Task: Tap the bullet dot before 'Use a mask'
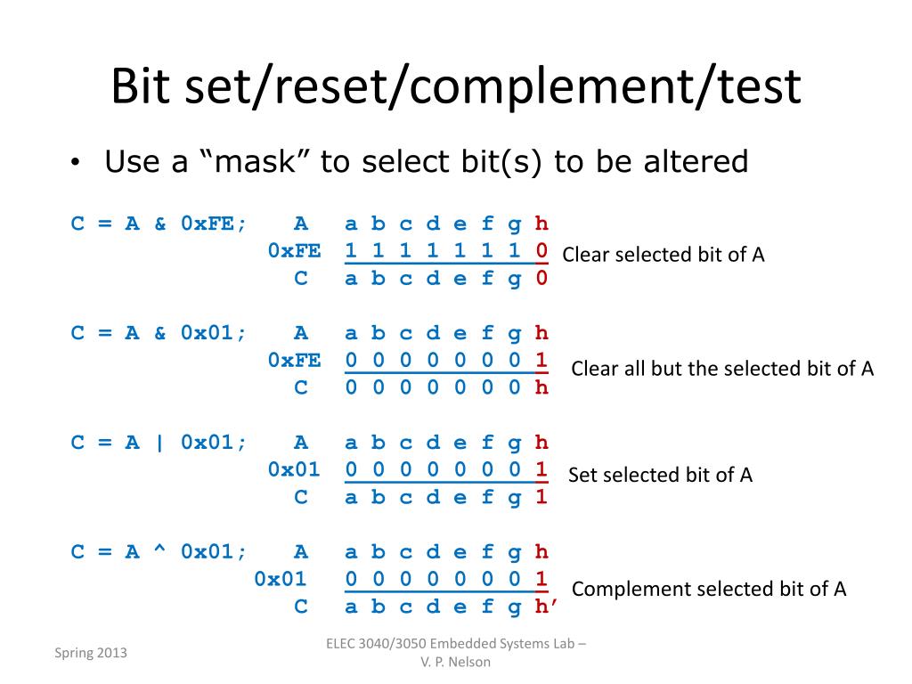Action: [x=77, y=163]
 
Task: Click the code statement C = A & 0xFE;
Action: [x=159, y=224]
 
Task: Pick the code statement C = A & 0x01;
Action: [x=159, y=333]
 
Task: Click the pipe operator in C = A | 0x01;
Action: [x=160, y=443]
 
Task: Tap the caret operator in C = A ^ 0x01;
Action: [x=160, y=552]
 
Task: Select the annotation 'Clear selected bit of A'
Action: [x=664, y=255]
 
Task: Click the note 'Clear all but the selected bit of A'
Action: [x=722, y=369]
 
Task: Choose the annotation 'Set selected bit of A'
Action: [x=660, y=475]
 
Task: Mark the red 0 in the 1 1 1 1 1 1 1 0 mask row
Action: [x=541, y=250]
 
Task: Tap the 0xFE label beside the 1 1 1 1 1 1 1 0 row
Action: [x=294, y=250]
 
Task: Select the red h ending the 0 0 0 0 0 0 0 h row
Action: [x=541, y=387]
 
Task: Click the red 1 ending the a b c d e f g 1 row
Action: [x=541, y=497]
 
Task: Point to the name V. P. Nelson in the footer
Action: [x=455, y=662]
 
